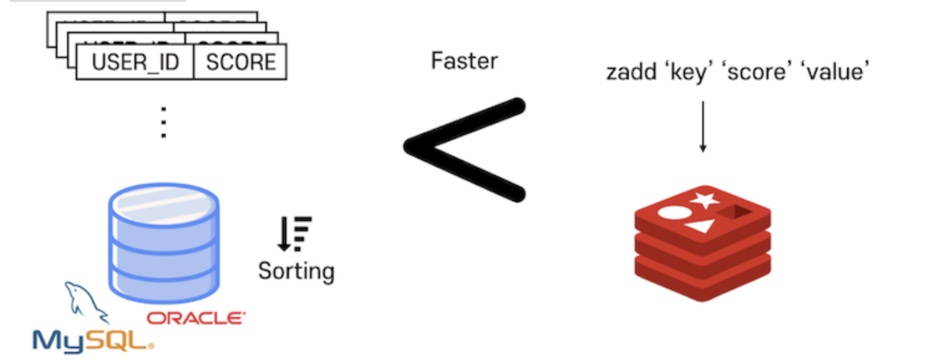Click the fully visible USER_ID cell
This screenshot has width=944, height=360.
(x=135, y=62)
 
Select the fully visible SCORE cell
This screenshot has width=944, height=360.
(x=240, y=62)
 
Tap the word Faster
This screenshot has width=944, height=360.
(x=465, y=61)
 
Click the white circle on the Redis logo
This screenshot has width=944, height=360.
(x=671, y=212)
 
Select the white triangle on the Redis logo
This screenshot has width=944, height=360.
(x=699, y=225)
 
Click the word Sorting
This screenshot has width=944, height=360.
(x=296, y=271)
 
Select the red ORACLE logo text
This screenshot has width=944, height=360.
(x=196, y=318)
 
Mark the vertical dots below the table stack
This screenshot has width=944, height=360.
(x=163, y=122)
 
